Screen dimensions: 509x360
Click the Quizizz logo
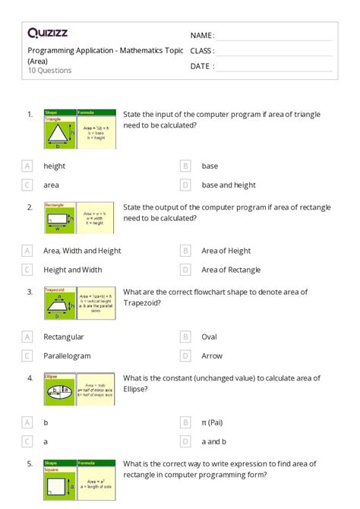[49, 33]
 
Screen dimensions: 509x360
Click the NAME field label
[202, 36]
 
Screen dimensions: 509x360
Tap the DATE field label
[201, 66]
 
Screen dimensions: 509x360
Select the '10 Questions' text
[49, 71]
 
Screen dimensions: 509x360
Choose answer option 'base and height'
[229, 185]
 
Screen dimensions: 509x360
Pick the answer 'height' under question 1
[55, 166]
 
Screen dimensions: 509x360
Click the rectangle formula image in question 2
[79, 218]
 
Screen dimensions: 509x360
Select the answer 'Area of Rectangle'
[231, 270]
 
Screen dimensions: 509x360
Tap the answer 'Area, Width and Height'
[82, 251]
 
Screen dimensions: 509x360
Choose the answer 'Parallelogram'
[67, 356]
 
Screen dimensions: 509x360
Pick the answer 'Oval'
[210, 337]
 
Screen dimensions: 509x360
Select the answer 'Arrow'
[213, 356]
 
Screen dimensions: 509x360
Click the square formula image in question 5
[79, 479]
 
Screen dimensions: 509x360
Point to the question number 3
[30, 292]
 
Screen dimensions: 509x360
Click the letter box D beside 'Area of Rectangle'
[185, 270]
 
